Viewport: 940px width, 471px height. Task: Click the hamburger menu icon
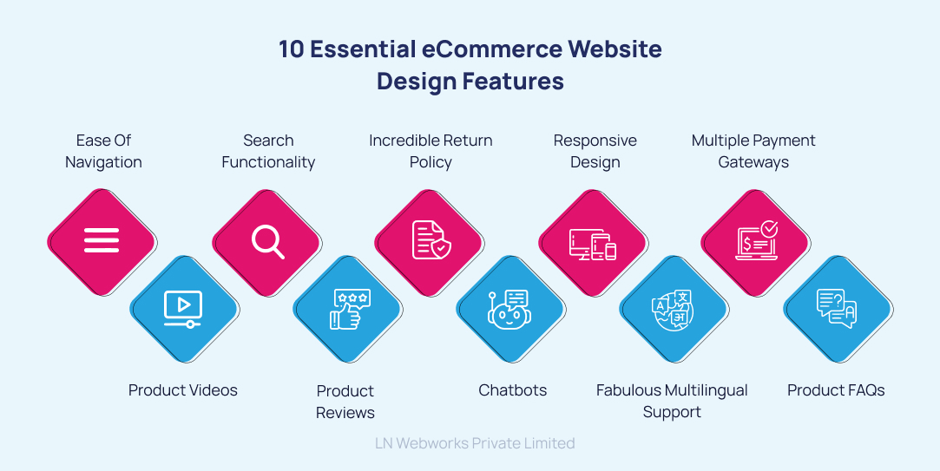click(x=102, y=239)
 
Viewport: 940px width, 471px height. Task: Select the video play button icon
click(x=183, y=308)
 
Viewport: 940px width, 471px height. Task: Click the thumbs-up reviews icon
click(x=348, y=309)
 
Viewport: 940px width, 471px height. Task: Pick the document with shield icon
click(x=430, y=239)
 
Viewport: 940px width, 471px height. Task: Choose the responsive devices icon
click(x=593, y=241)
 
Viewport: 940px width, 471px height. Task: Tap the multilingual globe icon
click(x=674, y=309)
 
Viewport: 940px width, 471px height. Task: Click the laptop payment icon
click(x=756, y=240)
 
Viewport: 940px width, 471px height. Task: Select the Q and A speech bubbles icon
click(x=837, y=309)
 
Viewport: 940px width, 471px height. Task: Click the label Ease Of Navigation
click(x=103, y=151)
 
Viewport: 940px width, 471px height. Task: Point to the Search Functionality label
click(x=268, y=151)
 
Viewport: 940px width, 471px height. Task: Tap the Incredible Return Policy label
click(x=431, y=151)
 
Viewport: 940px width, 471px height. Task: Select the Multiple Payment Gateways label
click(x=753, y=151)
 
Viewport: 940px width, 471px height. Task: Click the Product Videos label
click(x=183, y=390)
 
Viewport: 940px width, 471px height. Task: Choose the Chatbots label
click(x=513, y=390)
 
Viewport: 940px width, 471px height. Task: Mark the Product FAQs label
click(x=836, y=390)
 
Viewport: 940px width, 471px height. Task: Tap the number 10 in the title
click(x=291, y=49)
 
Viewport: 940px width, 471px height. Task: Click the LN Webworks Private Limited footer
click(x=475, y=443)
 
